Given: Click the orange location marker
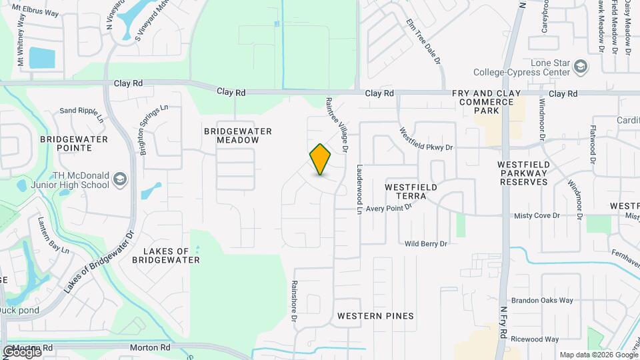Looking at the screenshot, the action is click(x=320, y=159).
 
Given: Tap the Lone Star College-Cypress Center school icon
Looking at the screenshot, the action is click(x=581, y=66).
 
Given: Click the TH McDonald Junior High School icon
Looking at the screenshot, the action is click(x=119, y=179).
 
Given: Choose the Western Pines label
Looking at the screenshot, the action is click(x=375, y=315).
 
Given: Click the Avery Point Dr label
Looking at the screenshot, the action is click(x=389, y=207).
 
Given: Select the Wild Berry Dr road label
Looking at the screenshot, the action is click(x=425, y=244).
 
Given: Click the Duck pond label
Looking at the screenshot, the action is click(x=19, y=310).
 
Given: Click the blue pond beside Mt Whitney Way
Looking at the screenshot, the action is click(x=41, y=57).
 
